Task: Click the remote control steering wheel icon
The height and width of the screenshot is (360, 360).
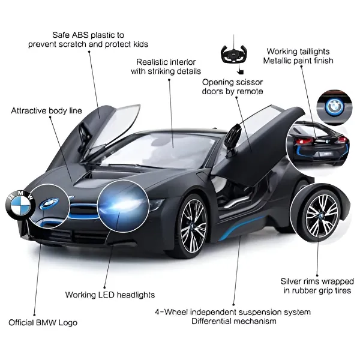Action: (234, 54)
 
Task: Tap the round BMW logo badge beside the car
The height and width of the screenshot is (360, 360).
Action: (20, 205)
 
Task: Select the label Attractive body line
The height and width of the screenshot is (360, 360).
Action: (46, 110)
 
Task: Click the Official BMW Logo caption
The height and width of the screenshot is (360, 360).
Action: (43, 323)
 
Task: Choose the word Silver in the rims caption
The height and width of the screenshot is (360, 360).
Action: (291, 281)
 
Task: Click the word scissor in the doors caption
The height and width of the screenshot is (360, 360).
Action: (249, 82)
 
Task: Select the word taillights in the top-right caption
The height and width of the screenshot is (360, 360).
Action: (313, 52)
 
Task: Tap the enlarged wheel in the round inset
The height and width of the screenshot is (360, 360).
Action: (321, 216)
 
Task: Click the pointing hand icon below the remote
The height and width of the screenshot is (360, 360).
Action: (240, 71)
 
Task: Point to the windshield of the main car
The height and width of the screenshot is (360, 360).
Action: (158, 149)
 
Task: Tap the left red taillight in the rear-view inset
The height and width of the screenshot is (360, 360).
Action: (303, 141)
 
